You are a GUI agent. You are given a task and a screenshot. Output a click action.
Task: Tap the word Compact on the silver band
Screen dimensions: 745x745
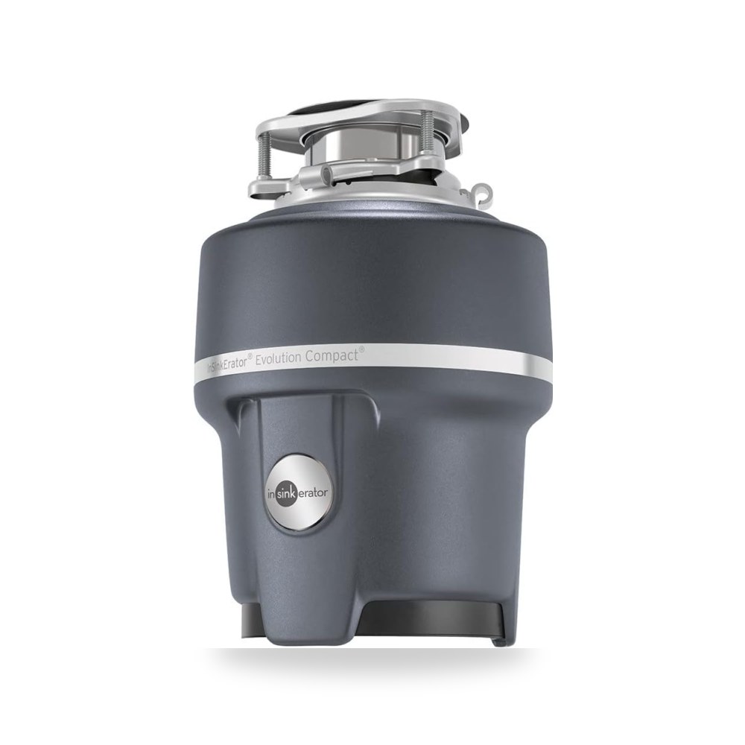point(332,355)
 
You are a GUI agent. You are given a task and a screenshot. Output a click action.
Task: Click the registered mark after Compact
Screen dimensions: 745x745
point(361,349)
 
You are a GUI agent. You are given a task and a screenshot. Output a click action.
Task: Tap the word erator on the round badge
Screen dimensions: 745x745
point(312,493)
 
